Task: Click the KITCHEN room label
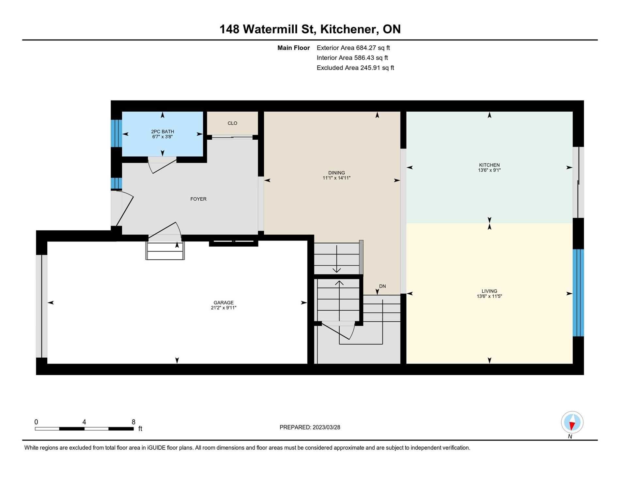coord(489,165)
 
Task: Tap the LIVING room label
coord(489,291)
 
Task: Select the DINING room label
coord(336,173)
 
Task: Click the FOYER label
coord(198,199)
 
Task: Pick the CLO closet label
coord(232,123)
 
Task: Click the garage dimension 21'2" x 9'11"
coord(224,308)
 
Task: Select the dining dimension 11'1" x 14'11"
coord(336,178)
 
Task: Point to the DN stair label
coord(382,286)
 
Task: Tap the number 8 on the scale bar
coord(133,422)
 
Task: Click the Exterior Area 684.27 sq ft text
coord(353,48)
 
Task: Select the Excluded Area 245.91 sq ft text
coord(355,68)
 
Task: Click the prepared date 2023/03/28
coord(326,427)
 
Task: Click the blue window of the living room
coord(578,293)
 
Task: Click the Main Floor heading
coord(293,48)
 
